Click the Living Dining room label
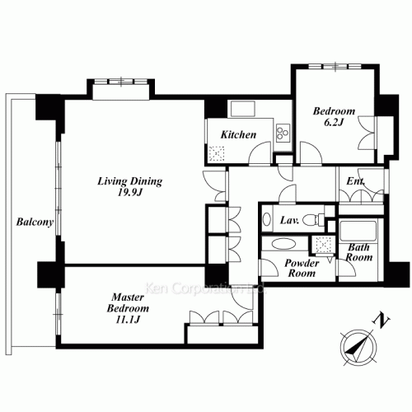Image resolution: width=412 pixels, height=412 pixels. tap(129, 181)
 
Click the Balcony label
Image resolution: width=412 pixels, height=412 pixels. tap(35, 222)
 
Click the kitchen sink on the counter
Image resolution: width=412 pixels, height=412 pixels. tap(242, 109)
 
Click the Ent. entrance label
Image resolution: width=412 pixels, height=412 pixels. tap(355, 180)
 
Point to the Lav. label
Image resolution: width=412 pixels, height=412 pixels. tap(289, 220)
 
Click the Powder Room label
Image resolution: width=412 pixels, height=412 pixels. tap(301, 269)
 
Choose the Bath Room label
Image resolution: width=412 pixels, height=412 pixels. tap(359, 252)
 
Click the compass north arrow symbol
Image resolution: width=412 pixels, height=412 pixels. tap(358, 345)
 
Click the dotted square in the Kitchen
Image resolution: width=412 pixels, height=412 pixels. tap(219, 152)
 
